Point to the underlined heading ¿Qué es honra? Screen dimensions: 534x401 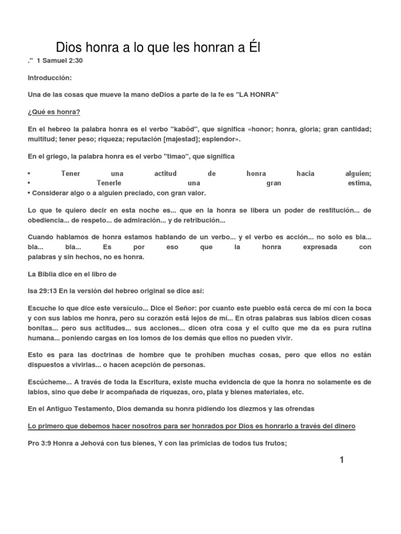pos(54,112)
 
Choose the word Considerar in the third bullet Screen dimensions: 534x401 pos(50,193)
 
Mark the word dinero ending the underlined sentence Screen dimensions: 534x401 pos(344,426)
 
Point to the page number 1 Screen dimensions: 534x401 pos(342,459)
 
